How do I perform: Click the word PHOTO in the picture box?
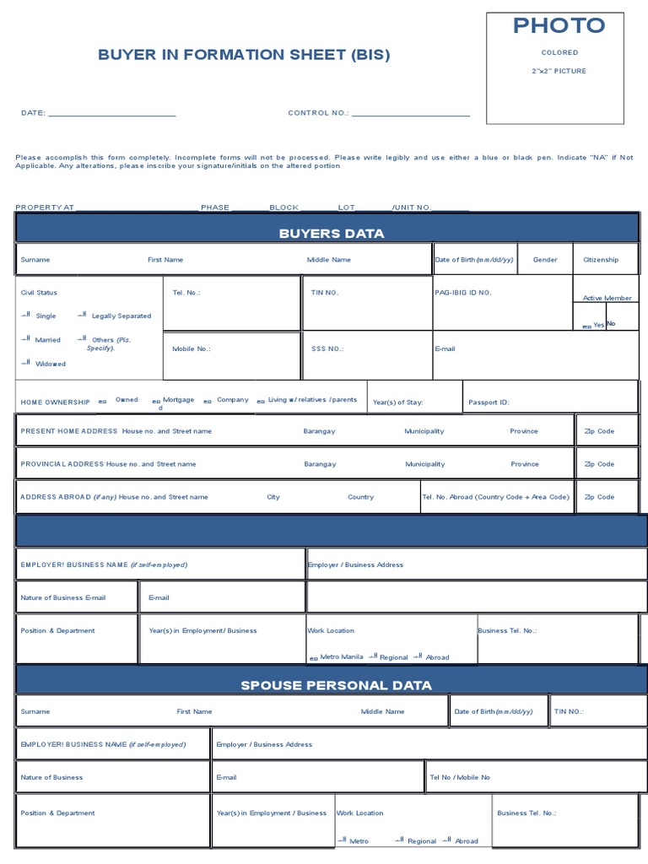coord(559,25)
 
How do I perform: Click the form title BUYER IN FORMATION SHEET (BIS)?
coord(244,56)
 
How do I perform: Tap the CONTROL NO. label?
coord(318,112)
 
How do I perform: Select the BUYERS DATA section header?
coord(332,233)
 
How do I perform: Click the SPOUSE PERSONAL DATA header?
coord(336,685)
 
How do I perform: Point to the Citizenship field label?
coord(601,260)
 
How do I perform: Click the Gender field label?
coord(545,260)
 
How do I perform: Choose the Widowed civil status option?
coord(50,364)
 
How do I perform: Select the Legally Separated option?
coord(121,316)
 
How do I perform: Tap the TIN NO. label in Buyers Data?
coord(325,292)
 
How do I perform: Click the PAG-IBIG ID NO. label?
coord(463,292)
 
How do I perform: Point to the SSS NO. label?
coord(327,348)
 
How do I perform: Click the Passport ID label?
coord(489,402)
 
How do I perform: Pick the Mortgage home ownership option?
coord(178,399)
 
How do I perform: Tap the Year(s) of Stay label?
coord(397,402)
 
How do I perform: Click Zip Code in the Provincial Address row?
coord(599,464)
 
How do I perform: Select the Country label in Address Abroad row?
coord(360,497)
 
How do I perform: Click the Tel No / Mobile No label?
coord(460,777)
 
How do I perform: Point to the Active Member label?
coord(607,298)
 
